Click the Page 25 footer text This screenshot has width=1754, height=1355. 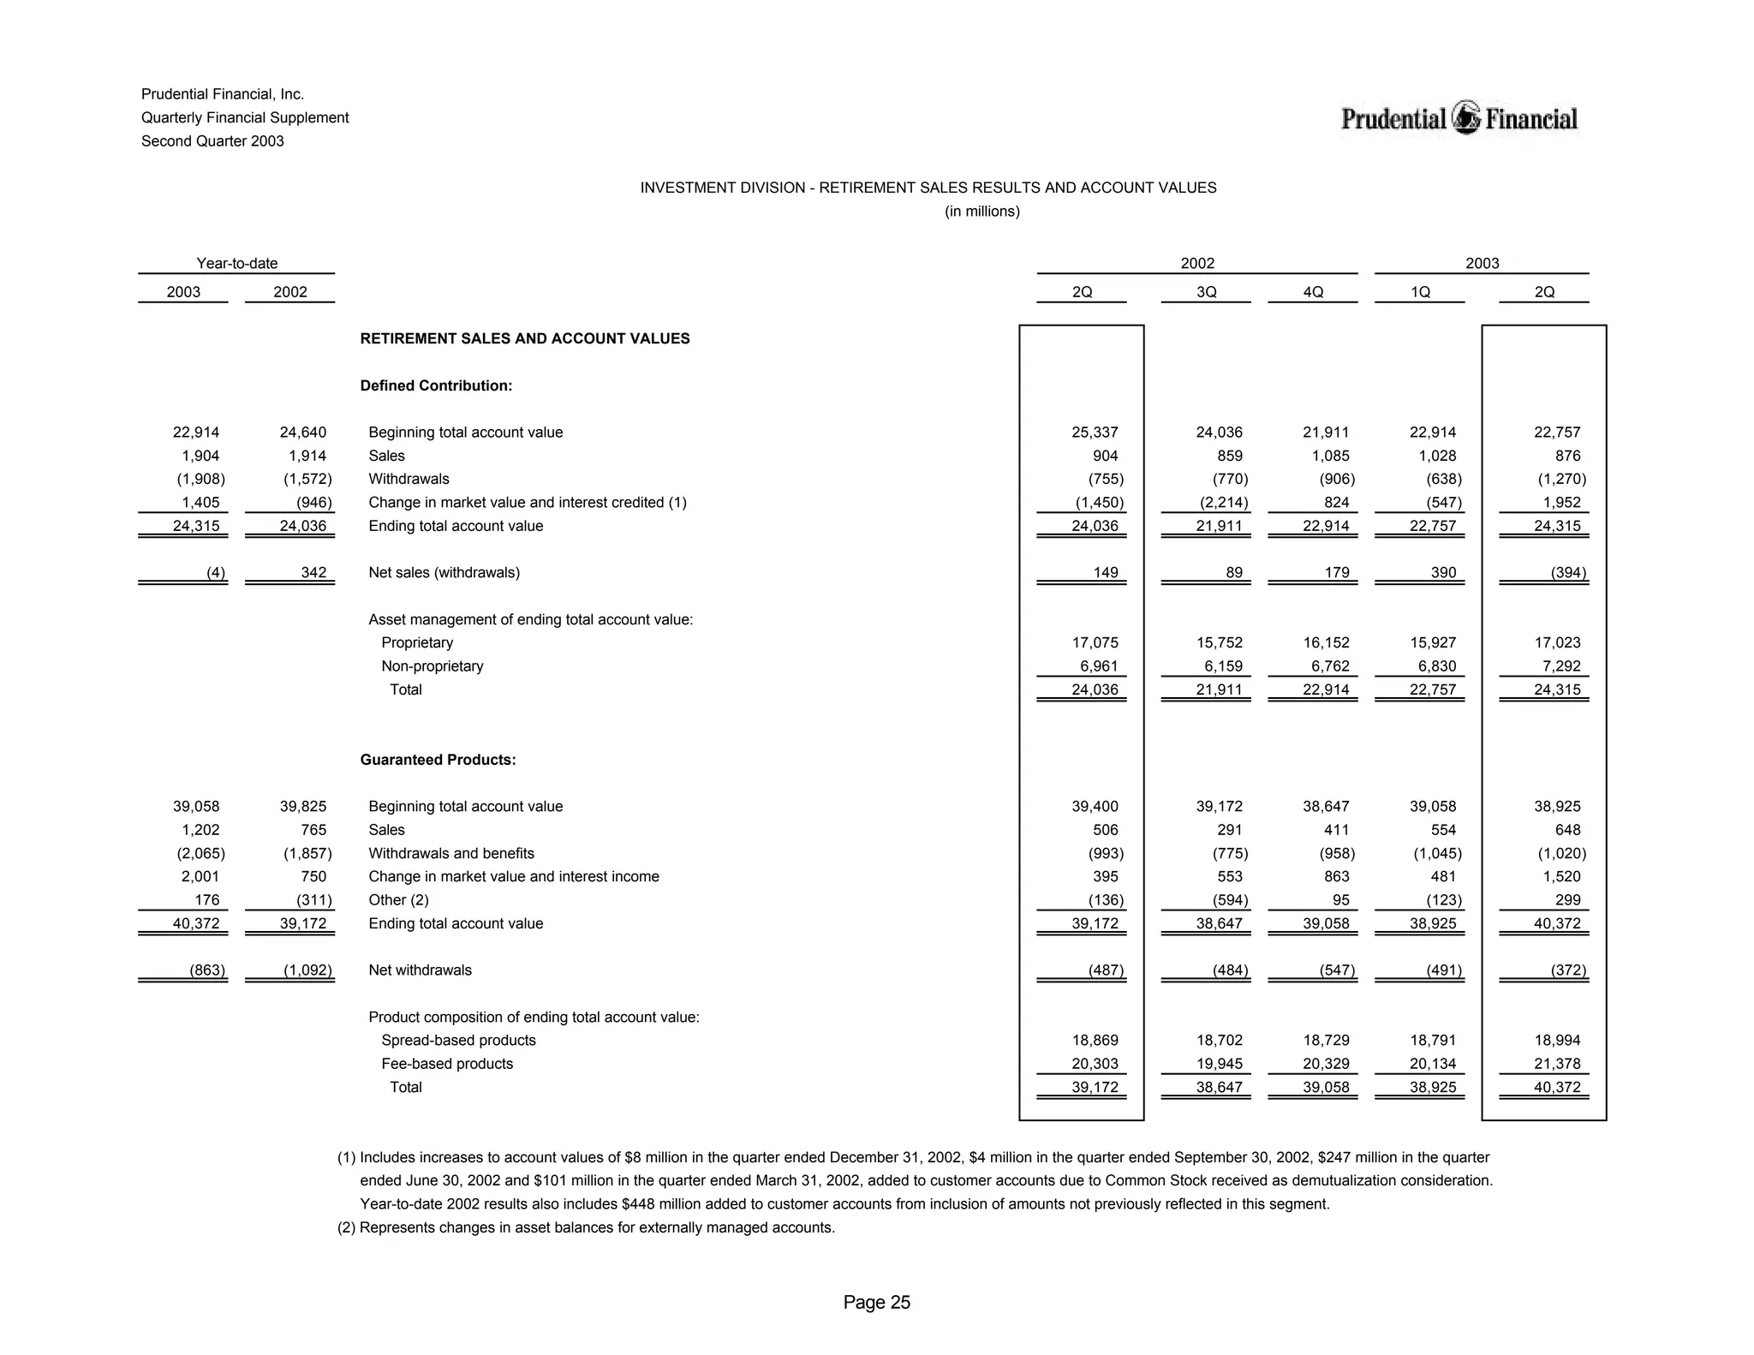click(876, 1303)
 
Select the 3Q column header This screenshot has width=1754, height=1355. click(1206, 292)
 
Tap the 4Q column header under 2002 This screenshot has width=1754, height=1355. click(1312, 292)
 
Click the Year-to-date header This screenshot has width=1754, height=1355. click(237, 264)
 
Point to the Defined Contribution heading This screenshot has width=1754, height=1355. click(436, 385)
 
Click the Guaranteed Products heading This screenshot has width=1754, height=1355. click(438, 760)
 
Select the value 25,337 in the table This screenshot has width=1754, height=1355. click(1095, 433)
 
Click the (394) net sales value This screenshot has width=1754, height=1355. click(1567, 573)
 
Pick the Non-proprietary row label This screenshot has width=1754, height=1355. click(432, 666)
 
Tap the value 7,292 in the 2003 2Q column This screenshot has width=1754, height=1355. click(1559, 666)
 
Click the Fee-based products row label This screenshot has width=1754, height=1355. click(447, 1064)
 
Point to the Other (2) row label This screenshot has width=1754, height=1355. click(398, 900)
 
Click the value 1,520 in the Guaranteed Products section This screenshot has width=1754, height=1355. click(1562, 877)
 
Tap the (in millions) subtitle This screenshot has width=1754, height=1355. click(981, 212)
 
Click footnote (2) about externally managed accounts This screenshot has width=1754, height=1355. click(586, 1227)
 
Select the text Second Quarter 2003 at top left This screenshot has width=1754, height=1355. click(212, 141)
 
